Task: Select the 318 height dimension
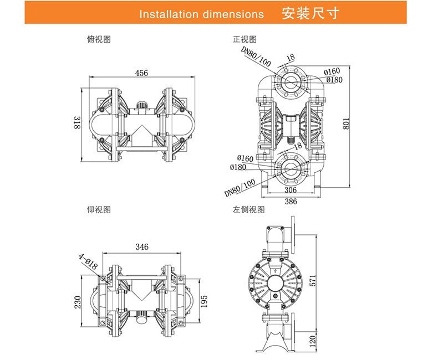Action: click(77, 124)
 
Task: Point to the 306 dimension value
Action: click(290, 189)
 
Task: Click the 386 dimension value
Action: click(291, 201)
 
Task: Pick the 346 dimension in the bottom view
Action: click(142, 247)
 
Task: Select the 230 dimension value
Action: click(77, 302)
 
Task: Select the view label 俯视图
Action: click(99, 39)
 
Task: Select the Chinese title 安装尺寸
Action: click(310, 13)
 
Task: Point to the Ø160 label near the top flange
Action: click(332, 71)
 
